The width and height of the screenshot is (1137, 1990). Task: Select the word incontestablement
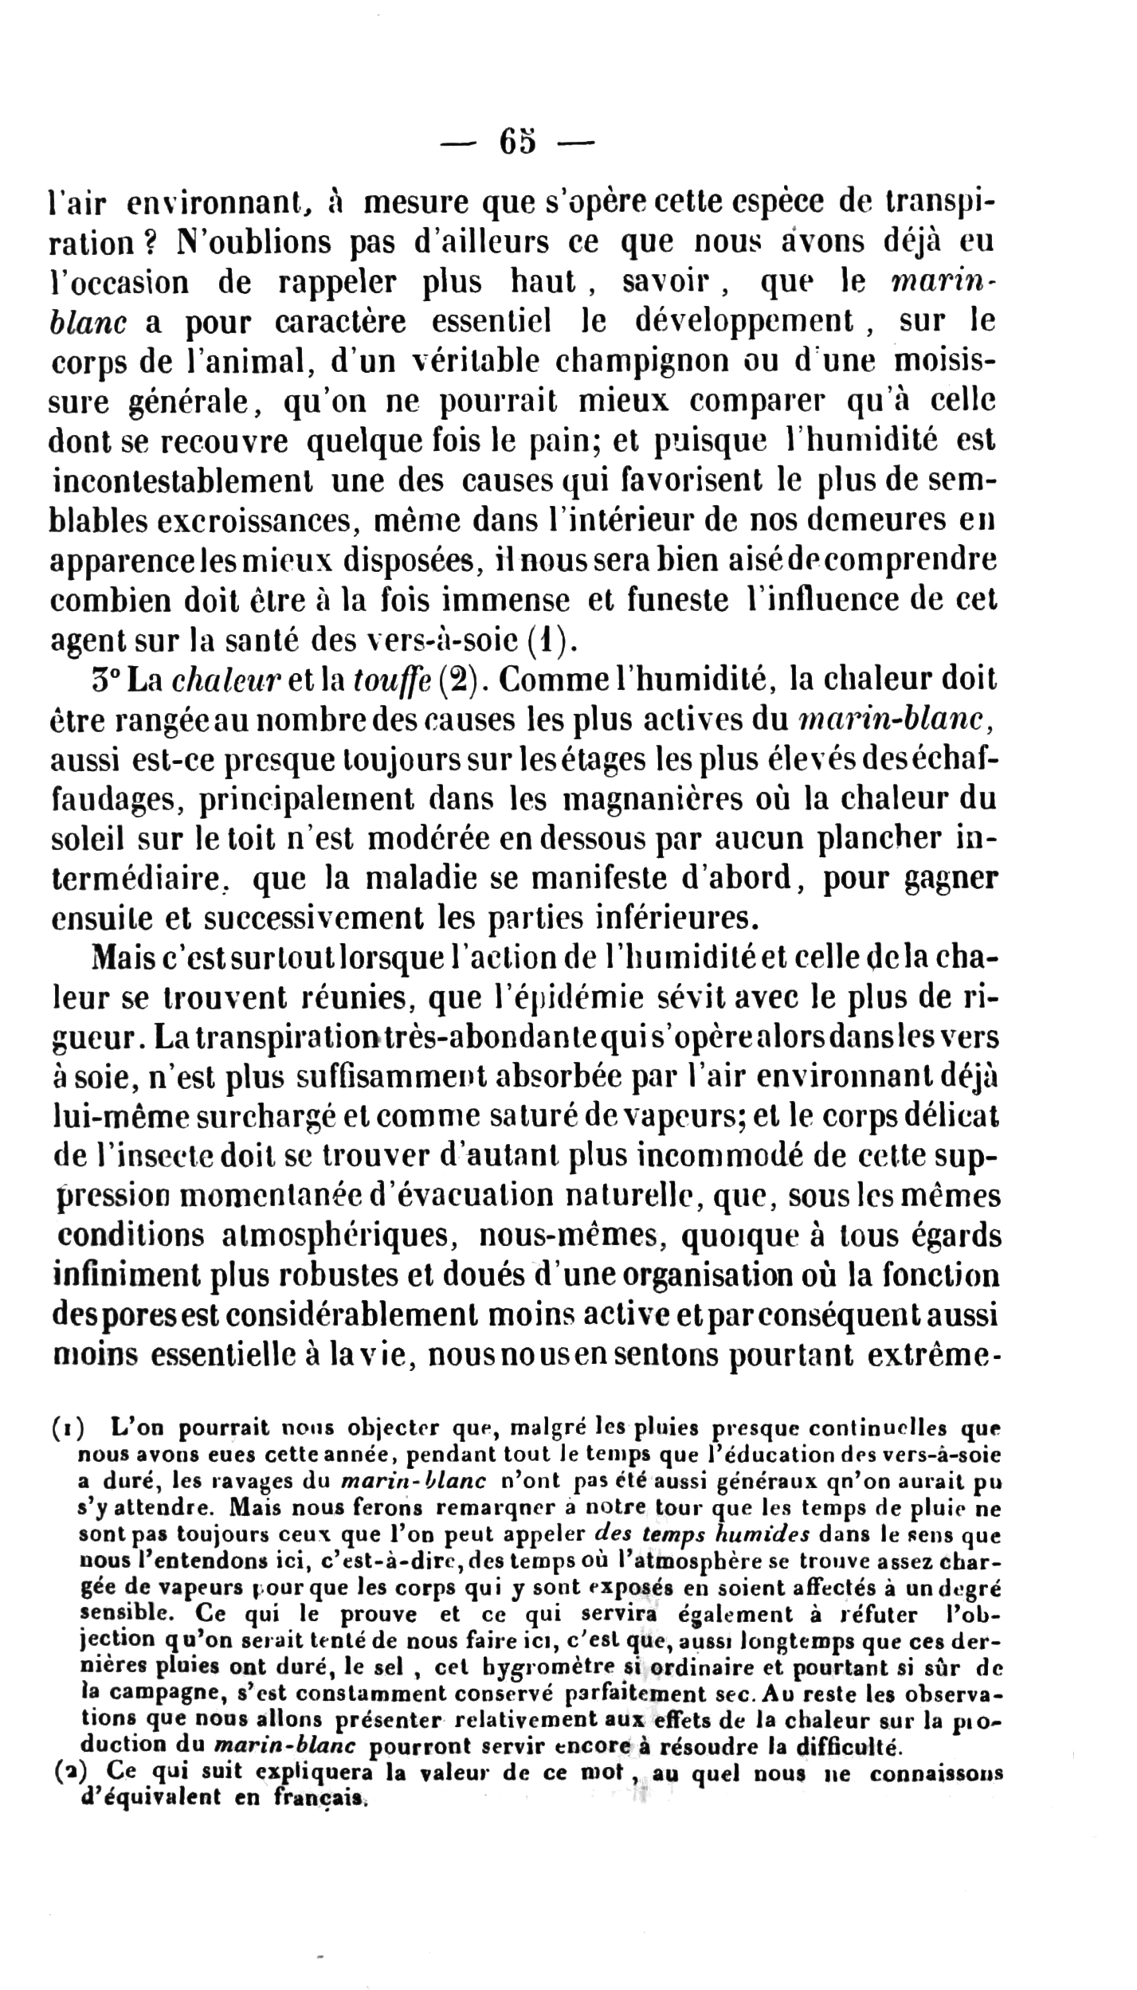181,480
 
